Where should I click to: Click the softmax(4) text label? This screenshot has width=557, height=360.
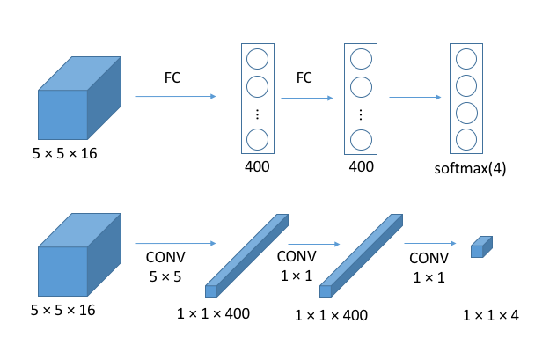(470, 167)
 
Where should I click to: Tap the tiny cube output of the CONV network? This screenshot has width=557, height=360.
(478, 246)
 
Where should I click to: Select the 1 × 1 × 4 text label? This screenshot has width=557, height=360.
(490, 314)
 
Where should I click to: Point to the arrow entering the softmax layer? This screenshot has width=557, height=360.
(416, 97)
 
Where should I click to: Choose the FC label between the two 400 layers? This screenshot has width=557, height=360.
(304, 77)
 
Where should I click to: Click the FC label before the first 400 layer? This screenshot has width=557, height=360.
(173, 77)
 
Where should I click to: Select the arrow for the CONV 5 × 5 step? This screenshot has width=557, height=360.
(175, 242)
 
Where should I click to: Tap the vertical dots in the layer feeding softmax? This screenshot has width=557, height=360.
(360, 114)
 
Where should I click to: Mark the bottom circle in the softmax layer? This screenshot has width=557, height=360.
(466, 138)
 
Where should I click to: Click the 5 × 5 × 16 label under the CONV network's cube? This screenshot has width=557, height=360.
(64, 310)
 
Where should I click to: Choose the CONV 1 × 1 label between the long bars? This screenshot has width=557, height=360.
(297, 266)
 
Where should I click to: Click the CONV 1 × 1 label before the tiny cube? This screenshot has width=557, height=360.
(429, 268)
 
